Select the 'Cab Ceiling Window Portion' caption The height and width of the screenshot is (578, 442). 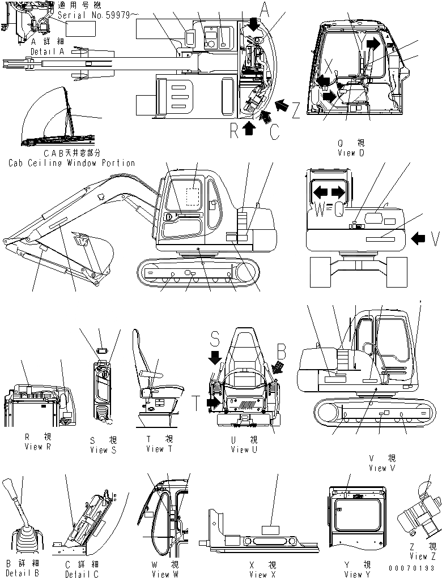(x=71, y=163)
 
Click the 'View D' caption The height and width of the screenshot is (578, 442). (x=354, y=153)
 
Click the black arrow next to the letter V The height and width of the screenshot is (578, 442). (x=418, y=239)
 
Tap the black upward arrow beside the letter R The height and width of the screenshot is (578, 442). (x=248, y=129)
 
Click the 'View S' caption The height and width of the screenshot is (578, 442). (x=103, y=450)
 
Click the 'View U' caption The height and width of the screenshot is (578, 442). (x=244, y=449)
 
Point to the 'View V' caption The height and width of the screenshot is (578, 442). (x=385, y=468)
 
